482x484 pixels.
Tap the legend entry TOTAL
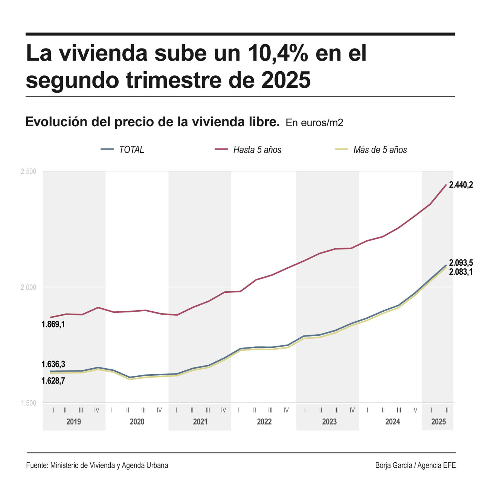click(131, 150)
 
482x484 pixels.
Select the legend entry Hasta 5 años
click(257, 150)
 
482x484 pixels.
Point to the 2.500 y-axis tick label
click(28, 172)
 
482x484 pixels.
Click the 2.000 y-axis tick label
click(28, 287)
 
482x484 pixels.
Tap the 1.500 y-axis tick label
click(28, 403)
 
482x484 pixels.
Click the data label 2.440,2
click(461, 185)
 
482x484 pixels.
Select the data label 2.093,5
click(461, 263)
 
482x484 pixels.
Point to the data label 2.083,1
click(461, 272)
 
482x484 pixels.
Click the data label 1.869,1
click(53, 324)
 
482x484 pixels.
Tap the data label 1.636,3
click(53, 364)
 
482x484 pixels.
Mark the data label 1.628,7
click(53, 381)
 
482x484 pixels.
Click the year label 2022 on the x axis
click(264, 422)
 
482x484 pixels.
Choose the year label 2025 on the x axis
click(438, 422)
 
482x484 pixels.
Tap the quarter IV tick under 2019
click(97, 410)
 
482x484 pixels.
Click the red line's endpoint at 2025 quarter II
click(446, 185)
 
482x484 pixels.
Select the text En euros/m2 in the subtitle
click(314, 123)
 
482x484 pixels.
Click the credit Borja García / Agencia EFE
click(415, 465)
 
